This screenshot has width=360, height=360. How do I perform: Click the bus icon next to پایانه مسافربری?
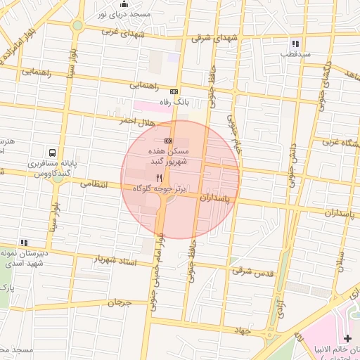(x=53, y=153)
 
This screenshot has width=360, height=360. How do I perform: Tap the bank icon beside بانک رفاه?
(x=174, y=91)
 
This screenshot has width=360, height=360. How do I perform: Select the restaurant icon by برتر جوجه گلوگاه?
(x=160, y=179)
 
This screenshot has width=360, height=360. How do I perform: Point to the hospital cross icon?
(x=347, y=339)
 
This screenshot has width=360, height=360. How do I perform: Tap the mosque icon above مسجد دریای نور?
(x=124, y=4)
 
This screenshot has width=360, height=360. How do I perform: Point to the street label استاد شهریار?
(x=116, y=260)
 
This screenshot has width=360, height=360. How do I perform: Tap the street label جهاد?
(x=243, y=330)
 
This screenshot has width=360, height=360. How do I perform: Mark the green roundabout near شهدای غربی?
(x=77, y=25)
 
